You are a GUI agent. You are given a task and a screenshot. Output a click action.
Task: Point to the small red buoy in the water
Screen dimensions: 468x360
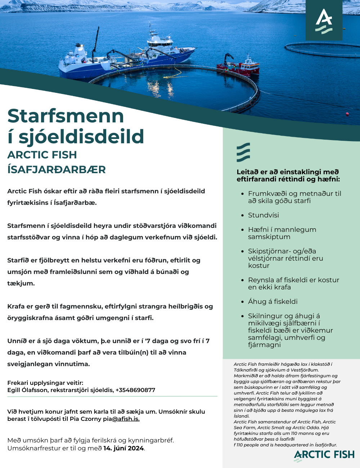[347, 114]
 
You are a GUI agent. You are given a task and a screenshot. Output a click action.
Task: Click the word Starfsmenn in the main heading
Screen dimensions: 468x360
[66, 116]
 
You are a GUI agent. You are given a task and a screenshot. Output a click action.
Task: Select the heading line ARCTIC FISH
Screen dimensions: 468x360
[42, 155]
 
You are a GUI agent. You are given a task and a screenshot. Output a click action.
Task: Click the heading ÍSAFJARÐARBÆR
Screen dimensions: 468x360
[57, 169]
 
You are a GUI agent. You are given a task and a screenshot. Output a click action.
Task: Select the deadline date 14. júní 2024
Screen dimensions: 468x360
[123, 448]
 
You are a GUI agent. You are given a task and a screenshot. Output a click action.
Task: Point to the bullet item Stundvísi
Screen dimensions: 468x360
[263, 215]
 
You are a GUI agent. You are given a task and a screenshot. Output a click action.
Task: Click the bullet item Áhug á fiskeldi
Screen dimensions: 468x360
[273, 301]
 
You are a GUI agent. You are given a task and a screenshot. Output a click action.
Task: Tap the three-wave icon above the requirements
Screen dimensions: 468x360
[243, 152]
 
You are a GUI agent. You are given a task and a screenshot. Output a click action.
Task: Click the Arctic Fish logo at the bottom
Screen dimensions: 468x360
[324, 455]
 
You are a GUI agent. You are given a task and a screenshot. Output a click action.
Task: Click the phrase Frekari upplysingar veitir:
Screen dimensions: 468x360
[45, 383]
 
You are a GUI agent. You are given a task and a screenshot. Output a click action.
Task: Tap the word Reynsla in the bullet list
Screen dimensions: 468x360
[261, 280]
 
